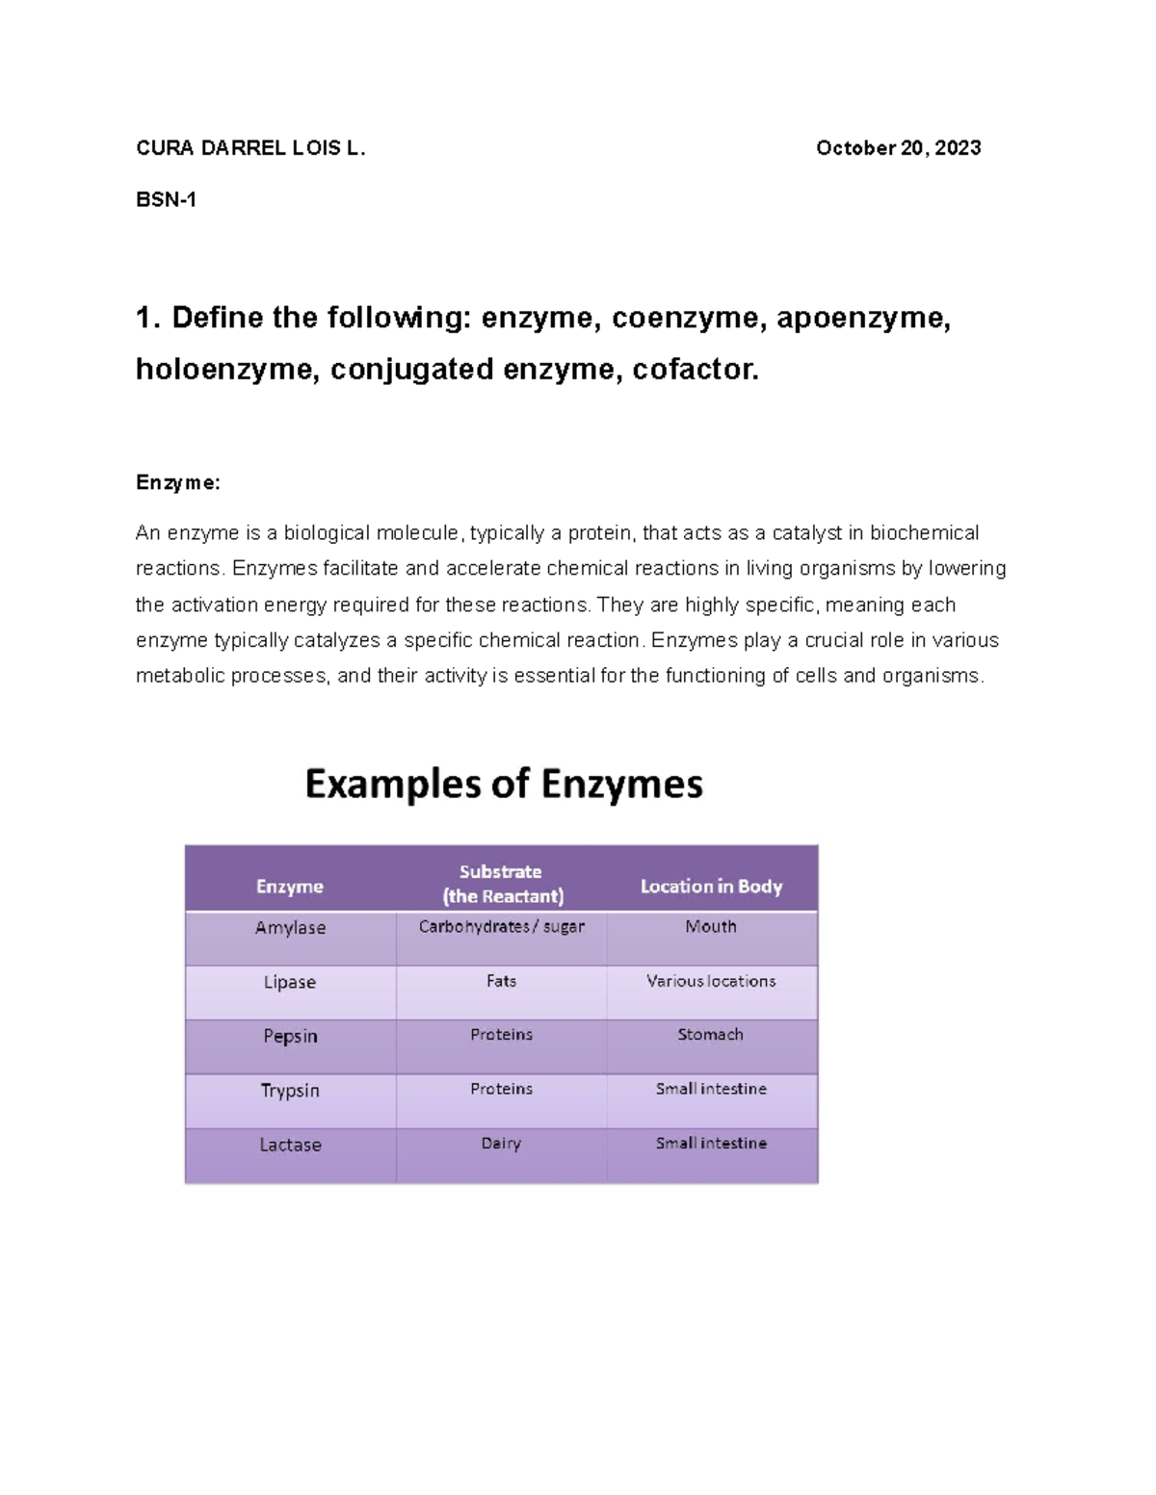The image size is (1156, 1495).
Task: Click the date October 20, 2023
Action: (x=898, y=148)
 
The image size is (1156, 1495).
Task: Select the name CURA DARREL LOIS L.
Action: (x=250, y=148)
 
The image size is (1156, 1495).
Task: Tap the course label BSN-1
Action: (x=166, y=200)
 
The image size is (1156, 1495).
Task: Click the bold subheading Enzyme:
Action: (x=178, y=483)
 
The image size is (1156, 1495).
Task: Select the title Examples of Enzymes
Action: (x=504, y=784)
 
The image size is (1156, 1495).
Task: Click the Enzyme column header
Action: (x=290, y=887)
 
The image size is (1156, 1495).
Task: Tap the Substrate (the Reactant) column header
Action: (x=502, y=884)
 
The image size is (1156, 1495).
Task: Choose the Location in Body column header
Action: (x=711, y=887)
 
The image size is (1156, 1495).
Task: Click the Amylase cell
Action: (x=290, y=928)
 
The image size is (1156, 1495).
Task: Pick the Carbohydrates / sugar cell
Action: (x=502, y=927)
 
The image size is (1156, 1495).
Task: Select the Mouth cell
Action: (x=711, y=927)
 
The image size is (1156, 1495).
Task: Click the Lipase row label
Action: (x=290, y=982)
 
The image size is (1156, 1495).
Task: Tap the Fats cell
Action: (x=502, y=981)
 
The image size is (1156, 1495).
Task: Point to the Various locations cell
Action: (x=711, y=981)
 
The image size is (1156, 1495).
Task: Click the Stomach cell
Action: (x=711, y=1035)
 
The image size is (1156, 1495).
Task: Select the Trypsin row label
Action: (x=290, y=1091)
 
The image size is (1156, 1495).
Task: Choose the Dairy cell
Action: (x=502, y=1144)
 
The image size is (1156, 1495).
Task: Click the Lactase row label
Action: (x=290, y=1145)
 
